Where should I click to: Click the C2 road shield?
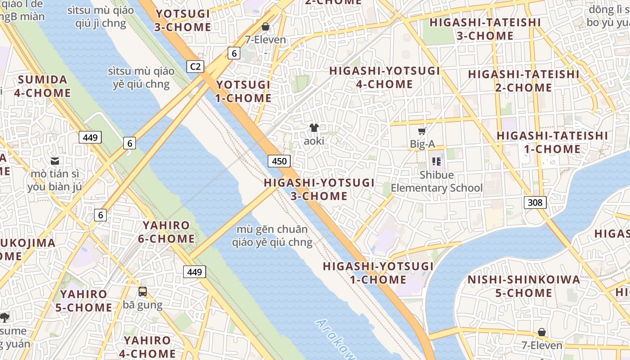tap(195, 67)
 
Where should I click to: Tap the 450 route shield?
tap(279, 161)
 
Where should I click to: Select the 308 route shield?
tap(535, 202)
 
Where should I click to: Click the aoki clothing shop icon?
tap(314, 128)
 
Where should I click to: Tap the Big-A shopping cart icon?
tap(422, 131)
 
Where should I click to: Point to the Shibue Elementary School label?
tap(436, 181)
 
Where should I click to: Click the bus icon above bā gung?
tap(143, 292)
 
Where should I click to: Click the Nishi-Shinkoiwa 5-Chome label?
tap(524, 286)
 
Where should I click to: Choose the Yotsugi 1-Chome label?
tap(243, 91)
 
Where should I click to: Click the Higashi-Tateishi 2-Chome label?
tap(524, 81)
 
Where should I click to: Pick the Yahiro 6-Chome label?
tap(166, 232)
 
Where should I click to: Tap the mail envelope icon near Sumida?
tap(55, 161)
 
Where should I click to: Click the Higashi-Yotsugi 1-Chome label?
tap(378, 273)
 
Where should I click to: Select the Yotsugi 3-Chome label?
tap(183, 20)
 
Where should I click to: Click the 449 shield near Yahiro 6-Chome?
tap(194, 272)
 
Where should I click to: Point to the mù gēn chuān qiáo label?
tap(272, 236)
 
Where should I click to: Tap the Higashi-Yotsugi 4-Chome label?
tap(384, 77)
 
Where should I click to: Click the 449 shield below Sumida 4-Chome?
tap(90, 137)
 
